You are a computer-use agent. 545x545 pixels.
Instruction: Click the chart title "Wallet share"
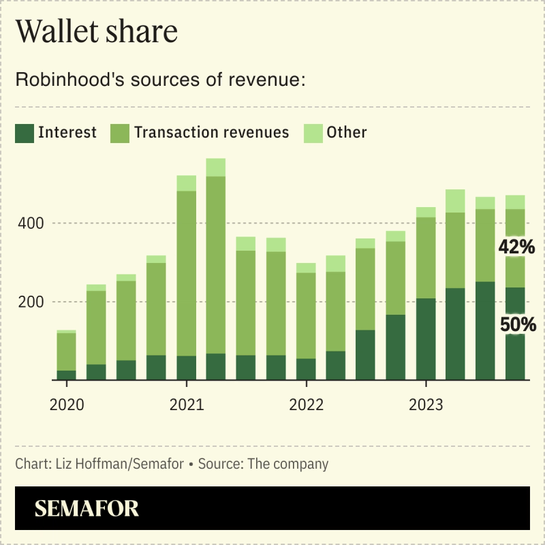point(96,33)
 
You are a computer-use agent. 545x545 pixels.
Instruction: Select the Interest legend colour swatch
point(25,133)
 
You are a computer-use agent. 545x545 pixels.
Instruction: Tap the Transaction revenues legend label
point(212,132)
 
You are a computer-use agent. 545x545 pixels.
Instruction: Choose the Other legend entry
point(346,132)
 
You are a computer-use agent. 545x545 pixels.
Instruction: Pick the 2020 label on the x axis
point(67,405)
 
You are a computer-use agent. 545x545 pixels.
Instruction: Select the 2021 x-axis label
point(186,405)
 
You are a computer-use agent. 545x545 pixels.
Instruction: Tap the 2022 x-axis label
point(306,405)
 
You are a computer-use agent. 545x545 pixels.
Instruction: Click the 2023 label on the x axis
point(426,405)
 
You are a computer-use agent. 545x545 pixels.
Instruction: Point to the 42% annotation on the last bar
point(517,248)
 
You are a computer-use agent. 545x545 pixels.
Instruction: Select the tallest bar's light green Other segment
point(216,168)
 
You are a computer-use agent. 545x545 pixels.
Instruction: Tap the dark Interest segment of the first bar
point(67,375)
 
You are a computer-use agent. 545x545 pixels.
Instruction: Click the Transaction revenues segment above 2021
point(186,273)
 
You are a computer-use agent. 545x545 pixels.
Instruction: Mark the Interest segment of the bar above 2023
point(426,339)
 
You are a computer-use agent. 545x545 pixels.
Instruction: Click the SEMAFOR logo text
point(87,508)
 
